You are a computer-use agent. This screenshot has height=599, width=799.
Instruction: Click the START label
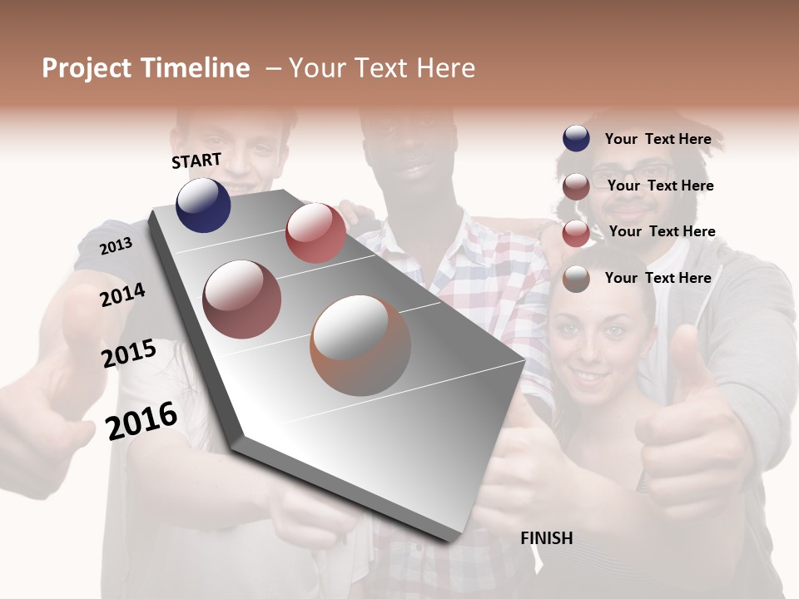click(x=196, y=161)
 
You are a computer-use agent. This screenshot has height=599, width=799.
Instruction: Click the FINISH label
click(x=547, y=538)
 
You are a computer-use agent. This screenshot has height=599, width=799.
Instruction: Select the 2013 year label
click(x=116, y=246)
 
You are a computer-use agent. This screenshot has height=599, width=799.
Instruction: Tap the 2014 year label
click(x=122, y=295)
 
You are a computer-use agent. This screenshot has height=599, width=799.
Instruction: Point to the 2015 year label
click(x=129, y=354)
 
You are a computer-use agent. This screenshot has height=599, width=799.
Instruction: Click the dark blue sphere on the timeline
click(x=203, y=205)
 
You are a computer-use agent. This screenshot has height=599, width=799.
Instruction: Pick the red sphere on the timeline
click(x=315, y=233)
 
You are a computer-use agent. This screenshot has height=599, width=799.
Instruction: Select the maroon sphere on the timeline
click(x=242, y=299)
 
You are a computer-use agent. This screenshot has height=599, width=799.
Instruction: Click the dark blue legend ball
click(x=576, y=139)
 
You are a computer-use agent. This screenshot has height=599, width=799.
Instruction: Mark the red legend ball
click(x=576, y=234)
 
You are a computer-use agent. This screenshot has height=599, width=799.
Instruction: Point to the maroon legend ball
click(x=576, y=186)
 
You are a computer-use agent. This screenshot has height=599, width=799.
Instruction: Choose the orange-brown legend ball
click(x=576, y=280)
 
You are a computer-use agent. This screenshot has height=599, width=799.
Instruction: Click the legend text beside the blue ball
click(x=658, y=139)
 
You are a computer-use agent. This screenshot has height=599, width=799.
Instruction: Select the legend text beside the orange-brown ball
click(x=658, y=278)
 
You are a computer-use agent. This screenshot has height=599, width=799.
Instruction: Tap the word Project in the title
click(x=86, y=68)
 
